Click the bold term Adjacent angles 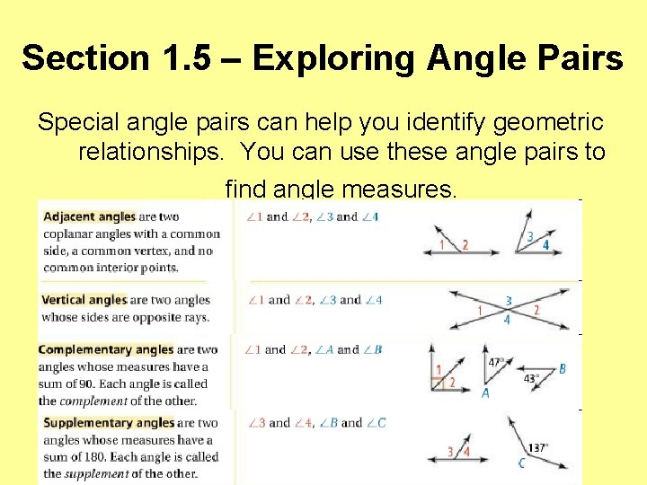[89, 216]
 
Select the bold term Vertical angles [84, 300]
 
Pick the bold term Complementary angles [105, 349]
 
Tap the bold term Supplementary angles [109, 423]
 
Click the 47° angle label [495, 363]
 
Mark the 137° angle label [538, 446]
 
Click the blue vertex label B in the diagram [563, 368]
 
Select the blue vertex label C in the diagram [521, 463]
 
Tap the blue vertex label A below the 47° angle [485, 393]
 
